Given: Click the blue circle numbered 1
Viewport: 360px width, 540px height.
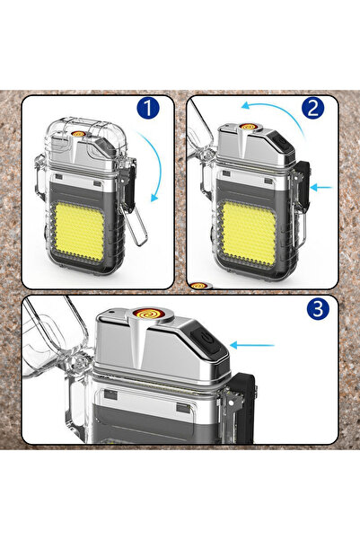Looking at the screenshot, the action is tap(147, 108).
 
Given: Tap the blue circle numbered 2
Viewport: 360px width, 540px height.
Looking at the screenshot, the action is tap(312, 108).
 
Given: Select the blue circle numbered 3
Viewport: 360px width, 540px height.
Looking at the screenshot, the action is tap(318, 308).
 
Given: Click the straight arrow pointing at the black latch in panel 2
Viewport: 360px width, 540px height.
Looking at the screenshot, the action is tap(321, 188).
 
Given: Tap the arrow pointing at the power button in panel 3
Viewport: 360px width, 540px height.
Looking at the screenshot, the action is tap(252, 345).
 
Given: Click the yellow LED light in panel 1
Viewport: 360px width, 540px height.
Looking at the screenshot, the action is tap(79, 232).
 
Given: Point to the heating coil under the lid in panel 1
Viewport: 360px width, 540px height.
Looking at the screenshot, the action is tap(78, 134).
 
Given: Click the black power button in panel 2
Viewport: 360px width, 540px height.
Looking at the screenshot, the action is tap(280, 142).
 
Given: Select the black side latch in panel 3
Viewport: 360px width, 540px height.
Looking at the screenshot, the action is tap(244, 408).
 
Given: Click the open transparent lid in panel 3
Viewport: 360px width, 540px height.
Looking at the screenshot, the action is tap(55, 341).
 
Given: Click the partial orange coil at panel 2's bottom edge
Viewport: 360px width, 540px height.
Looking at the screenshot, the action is tap(198, 286).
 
